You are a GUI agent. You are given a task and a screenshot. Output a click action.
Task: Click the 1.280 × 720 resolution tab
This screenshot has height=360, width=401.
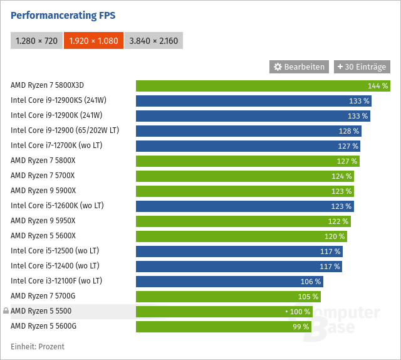coord(36,41)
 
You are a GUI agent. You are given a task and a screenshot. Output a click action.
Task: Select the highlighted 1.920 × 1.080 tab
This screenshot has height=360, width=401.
coord(93,41)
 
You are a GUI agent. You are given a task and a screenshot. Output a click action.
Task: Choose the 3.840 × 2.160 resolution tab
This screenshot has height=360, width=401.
coord(154,41)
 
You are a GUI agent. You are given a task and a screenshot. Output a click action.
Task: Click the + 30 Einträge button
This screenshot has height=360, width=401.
coord(362,66)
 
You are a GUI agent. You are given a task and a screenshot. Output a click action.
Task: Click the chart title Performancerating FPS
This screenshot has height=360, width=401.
coord(63,15)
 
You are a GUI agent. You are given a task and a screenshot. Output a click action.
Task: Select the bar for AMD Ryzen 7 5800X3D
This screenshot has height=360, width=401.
coord(263,85)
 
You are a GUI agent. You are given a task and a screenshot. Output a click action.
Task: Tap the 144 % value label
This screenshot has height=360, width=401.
coord(378,85)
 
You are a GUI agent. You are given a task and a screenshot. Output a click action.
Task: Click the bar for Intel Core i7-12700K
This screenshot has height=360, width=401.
coord(247,146)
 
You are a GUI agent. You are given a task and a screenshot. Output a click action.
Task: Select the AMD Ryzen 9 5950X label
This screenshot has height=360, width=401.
coord(43,221)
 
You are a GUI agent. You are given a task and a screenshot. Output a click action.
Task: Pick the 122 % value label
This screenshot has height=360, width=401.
coord(338,221)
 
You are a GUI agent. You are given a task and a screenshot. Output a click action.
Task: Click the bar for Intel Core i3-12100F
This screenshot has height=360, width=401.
coord(229,281)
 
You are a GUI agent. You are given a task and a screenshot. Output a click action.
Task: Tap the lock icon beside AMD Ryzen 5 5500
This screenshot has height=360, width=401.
coord(6,311)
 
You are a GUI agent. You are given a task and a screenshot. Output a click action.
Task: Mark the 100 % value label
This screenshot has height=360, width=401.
coord(299,311)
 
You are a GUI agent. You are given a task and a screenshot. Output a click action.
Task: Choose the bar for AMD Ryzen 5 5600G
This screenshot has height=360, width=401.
coord(223,326)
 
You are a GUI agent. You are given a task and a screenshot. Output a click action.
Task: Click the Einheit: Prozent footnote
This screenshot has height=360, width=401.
coord(38,346)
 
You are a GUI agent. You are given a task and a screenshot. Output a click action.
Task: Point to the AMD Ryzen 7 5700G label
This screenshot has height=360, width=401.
coord(43,296)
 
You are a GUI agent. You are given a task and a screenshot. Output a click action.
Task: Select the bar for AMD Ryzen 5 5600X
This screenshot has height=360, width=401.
coord(241,236)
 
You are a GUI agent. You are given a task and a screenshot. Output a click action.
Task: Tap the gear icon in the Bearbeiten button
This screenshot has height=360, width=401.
coord(278,66)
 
